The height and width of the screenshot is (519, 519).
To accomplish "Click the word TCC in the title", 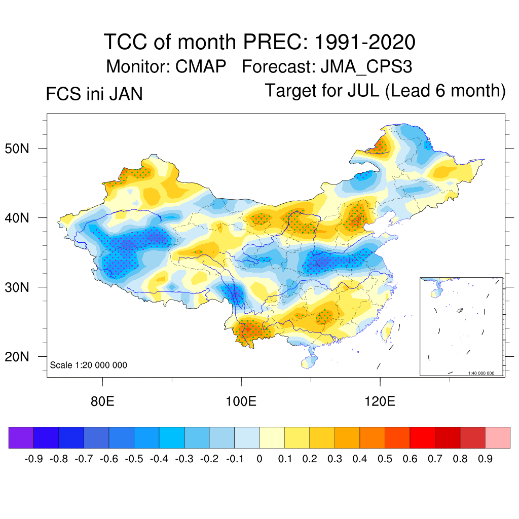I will click(125, 42).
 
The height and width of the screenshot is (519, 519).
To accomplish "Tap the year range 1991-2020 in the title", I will click(365, 42).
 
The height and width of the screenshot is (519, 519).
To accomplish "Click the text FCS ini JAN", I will click(94, 94).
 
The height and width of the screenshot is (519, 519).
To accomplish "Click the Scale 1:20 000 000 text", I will click(89, 365).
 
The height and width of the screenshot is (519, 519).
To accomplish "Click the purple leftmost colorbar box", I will click(21, 438).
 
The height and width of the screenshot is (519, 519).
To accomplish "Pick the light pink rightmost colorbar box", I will click(498, 438).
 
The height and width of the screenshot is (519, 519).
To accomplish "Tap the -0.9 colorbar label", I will click(33, 459).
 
